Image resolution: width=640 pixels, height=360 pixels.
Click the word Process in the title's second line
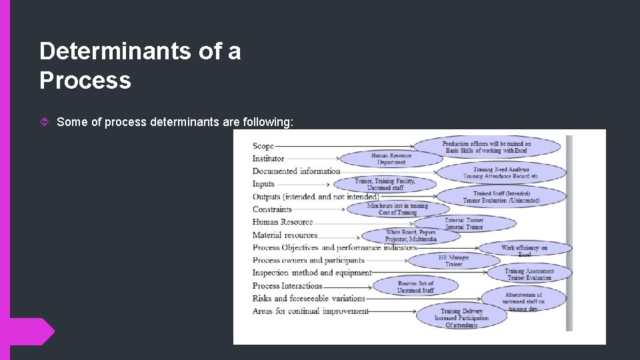(x=85, y=81)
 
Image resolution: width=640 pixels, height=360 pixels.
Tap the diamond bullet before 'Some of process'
(x=45, y=122)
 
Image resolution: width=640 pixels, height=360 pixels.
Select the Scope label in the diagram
(x=263, y=146)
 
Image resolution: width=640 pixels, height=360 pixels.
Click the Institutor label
(x=268, y=159)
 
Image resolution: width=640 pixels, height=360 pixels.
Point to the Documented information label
(x=296, y=171)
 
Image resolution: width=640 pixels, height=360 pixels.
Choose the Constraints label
(x=272, y=209)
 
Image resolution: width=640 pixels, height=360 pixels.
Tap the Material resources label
(x=285, y=235)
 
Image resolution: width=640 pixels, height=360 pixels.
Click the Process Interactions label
(x=287, y=286)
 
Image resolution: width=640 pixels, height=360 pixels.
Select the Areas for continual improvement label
(x=310, y=311)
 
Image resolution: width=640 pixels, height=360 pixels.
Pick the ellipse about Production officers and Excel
(x=487, y=147)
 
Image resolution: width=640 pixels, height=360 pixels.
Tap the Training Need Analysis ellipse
(x=501, y=173)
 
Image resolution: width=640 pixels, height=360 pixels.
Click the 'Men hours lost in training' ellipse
(x=397, y=209)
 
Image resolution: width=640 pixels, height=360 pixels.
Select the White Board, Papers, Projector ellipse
(x=410, y=236)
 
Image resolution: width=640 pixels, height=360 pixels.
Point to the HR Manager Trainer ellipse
(x=453, y=261)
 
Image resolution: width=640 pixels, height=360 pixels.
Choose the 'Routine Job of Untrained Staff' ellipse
(x=415, y=287)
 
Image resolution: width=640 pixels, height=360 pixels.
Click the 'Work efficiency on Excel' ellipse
(x=525, y=250)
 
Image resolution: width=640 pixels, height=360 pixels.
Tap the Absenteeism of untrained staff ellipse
(x=523, y=299)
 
